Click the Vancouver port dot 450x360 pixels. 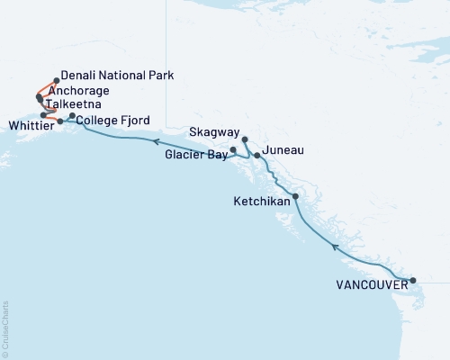[x=413, y=281]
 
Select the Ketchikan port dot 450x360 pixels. [x=295, y=196]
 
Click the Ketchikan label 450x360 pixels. [x=262, y=202]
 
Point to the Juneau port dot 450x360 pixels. [x=257, y=156]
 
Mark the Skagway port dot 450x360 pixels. [x=245, y=139]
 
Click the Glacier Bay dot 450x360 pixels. [x=233, y=149]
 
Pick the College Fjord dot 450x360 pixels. [x=72, y=115]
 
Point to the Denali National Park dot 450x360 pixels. [x=56, y=80]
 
